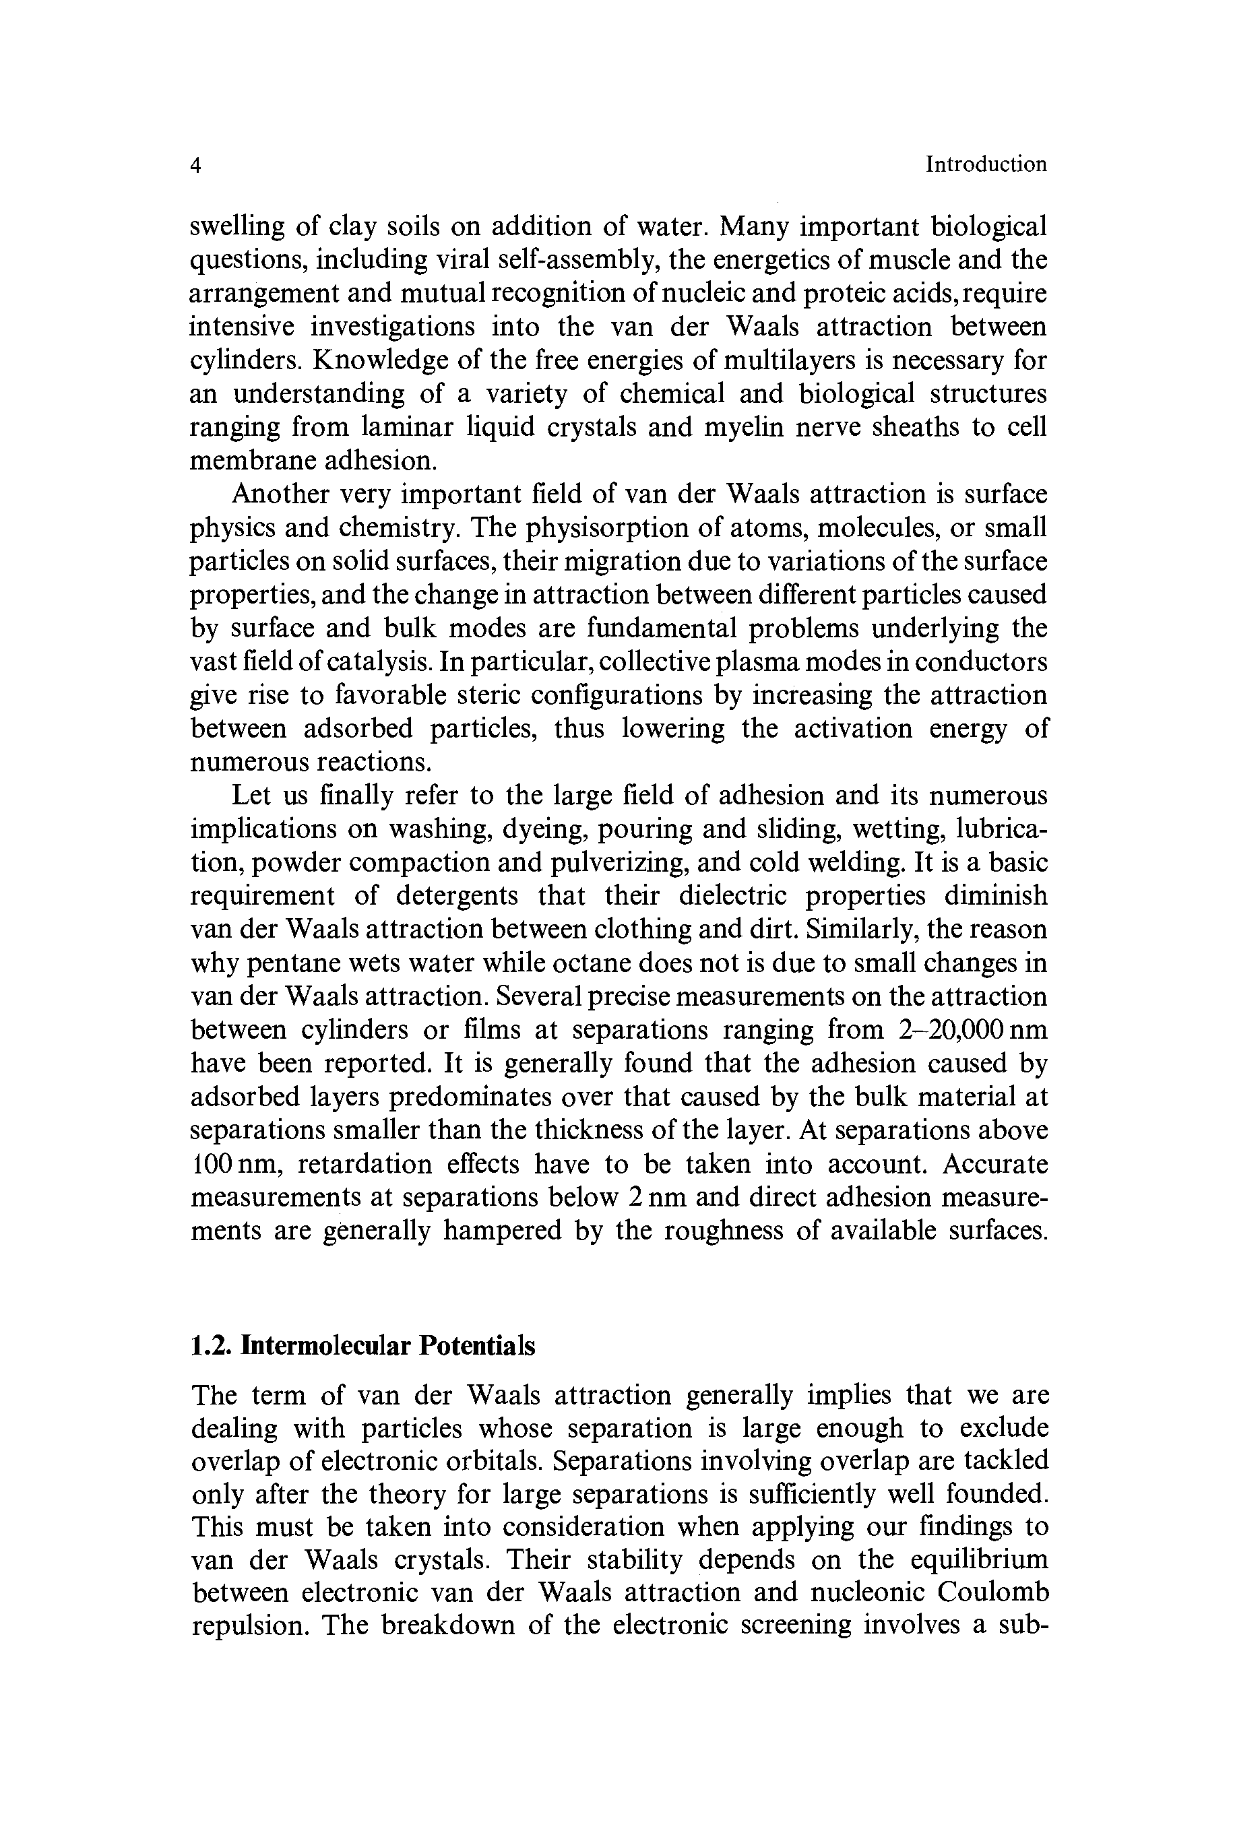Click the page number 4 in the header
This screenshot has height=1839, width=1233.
click(197, 165)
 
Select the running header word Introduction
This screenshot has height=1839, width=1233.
click(986, 164)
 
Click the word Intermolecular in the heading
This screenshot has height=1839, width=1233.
click(326, 1345)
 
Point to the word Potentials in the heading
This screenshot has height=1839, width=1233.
click(476, 1345)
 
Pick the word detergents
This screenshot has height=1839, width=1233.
click(457, 895)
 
